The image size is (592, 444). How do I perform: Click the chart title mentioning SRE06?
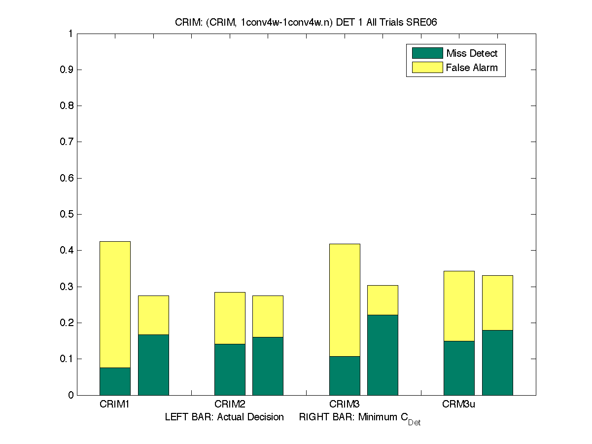[x=306, y=23]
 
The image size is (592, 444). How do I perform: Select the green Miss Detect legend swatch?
[x=427, y=53]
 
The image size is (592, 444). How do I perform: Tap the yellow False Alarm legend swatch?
[x=427, y=68]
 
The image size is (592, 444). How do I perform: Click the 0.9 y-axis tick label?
[x=68, y=70]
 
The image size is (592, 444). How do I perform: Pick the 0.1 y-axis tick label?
[x=68, y=359]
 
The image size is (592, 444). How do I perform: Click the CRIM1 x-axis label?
[x=114, y=405]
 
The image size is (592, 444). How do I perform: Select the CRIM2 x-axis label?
[x=230, y=405]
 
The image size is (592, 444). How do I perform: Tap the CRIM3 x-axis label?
[x=345, y=405]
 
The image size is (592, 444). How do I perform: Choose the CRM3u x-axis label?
[x=458, y=405]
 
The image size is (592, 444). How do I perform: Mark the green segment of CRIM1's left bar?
[x=115, y=381]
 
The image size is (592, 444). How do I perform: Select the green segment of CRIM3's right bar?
[x=383, y=355]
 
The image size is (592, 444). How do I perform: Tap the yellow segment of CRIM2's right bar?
[x=268, y=316]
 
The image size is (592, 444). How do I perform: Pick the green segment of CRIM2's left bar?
[x=230, y=370]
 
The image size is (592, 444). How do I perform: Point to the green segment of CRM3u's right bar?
[x=497, y=363]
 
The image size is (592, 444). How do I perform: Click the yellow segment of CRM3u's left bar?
[x=459, y=306]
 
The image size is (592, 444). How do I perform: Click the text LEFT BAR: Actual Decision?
[x=224, y=417]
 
